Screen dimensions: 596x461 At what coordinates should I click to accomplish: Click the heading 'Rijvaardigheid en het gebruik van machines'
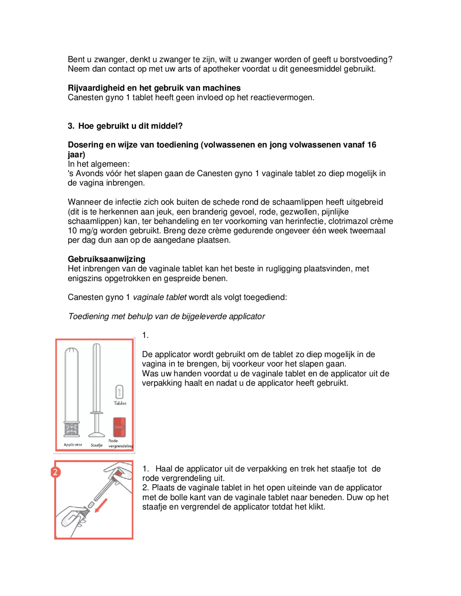pos(154,88)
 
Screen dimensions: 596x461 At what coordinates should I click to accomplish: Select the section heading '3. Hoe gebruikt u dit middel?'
pos(125,126)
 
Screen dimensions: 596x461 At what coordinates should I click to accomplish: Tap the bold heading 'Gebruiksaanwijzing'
pos(106,259)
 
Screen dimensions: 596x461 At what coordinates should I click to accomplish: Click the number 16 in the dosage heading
pos(372,145)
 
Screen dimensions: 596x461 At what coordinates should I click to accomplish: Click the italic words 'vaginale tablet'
pos(160,297)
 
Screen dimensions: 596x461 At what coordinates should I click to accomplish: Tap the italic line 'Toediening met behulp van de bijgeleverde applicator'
pos(167,316)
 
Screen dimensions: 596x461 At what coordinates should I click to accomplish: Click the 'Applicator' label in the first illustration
pos(73,445)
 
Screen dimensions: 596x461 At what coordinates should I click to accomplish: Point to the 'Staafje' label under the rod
pos(97,445)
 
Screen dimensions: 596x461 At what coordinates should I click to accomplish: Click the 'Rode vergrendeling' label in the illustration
pos(120,444)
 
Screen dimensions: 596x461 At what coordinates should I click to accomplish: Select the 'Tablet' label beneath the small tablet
pos(120,403)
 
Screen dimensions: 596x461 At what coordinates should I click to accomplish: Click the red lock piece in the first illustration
pos(119,427)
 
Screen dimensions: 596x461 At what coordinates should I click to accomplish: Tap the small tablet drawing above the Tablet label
pos(119,392)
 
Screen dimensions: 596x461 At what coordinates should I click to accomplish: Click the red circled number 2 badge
pos(56,472)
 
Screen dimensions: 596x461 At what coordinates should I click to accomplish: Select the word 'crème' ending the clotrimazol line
pos(382,221)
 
